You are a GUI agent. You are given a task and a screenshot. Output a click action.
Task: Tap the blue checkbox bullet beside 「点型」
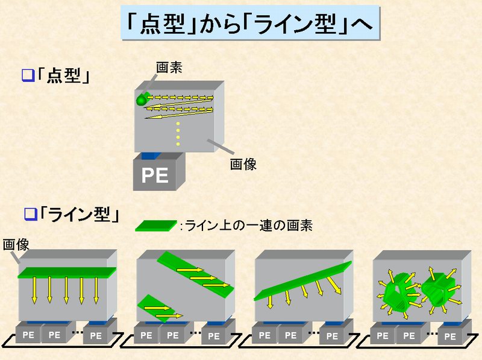(27, 76)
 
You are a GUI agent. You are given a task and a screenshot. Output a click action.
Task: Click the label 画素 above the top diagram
(169, 68)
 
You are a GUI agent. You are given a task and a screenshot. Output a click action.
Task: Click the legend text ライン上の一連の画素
(246, 226)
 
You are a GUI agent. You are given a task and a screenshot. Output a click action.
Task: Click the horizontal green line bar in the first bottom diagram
(66, 271)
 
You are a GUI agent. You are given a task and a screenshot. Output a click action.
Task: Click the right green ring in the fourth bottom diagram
(437, 288)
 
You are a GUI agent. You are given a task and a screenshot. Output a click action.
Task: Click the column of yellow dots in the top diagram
(177, 134)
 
